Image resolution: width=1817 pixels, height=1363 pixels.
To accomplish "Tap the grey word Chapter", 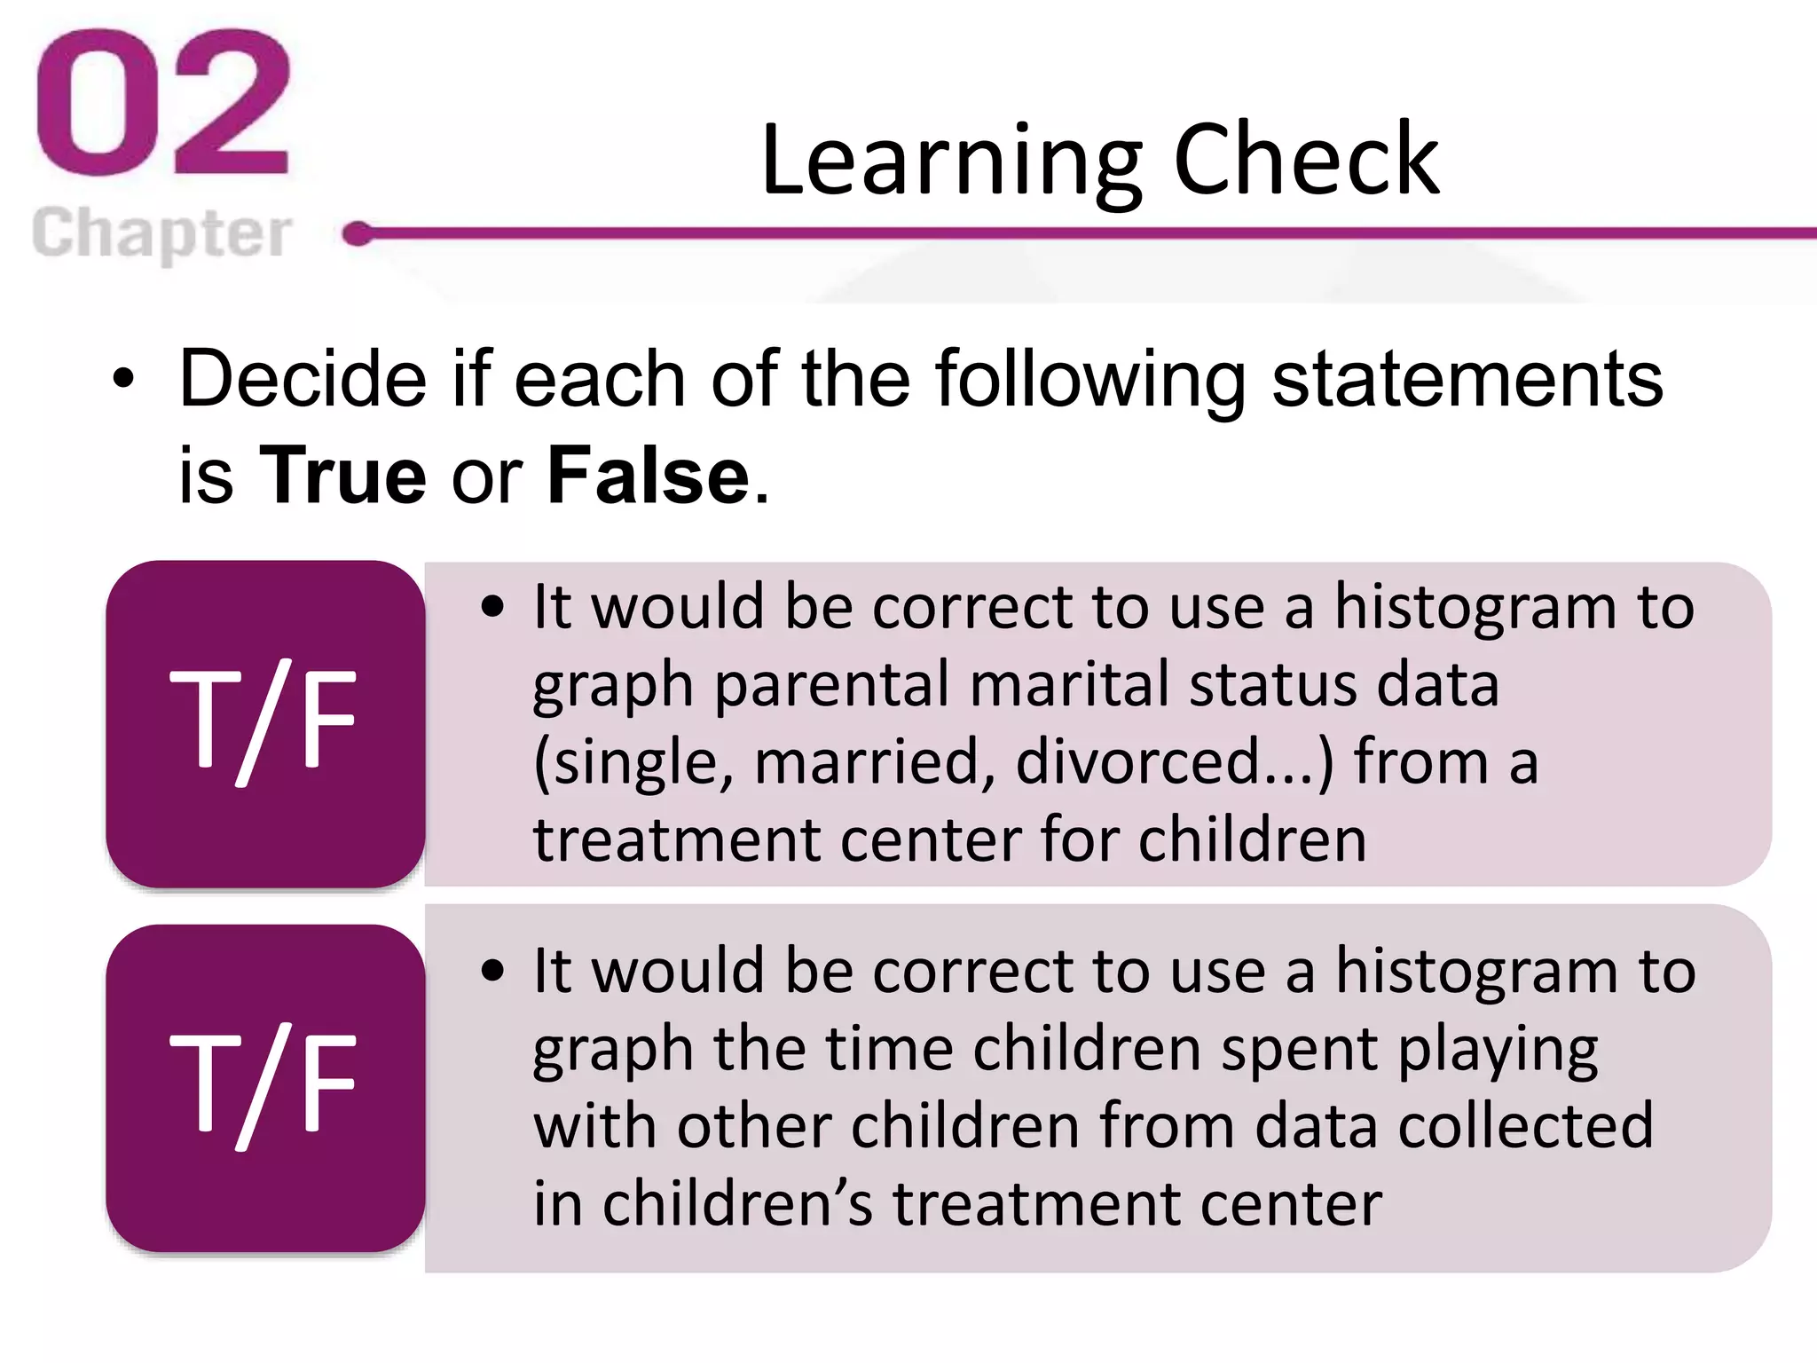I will pyautogui.click(x=161, y=234).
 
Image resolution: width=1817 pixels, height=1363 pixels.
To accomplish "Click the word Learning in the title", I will pyautogui.click(x=950, y=162).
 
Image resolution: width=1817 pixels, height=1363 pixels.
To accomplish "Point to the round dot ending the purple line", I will pyautogui.click(x=358, y=234).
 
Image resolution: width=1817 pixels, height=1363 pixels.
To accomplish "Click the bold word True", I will pyautogui.click(x=342, y=476).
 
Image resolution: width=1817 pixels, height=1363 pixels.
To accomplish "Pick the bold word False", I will pyautogui.click(x=649, y=476).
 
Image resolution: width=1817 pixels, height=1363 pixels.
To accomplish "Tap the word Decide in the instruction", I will pyautogui.click(x=302, y=380).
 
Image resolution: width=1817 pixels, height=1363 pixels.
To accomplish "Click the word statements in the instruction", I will pyautogui.click(x=1467, y=380).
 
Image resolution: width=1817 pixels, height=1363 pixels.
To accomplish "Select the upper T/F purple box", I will pyautogui.click(x=264, y=722).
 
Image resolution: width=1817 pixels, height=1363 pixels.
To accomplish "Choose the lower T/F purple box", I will pyautogui.click(x=264, y=1087).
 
